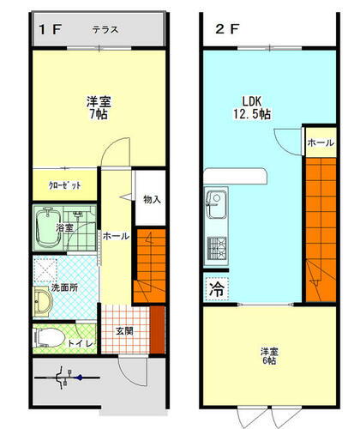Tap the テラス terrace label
point(105,29)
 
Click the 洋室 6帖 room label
point(269,356)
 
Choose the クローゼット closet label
point(63,185)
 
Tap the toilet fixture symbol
point(48,335)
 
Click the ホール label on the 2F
point(321,143)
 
